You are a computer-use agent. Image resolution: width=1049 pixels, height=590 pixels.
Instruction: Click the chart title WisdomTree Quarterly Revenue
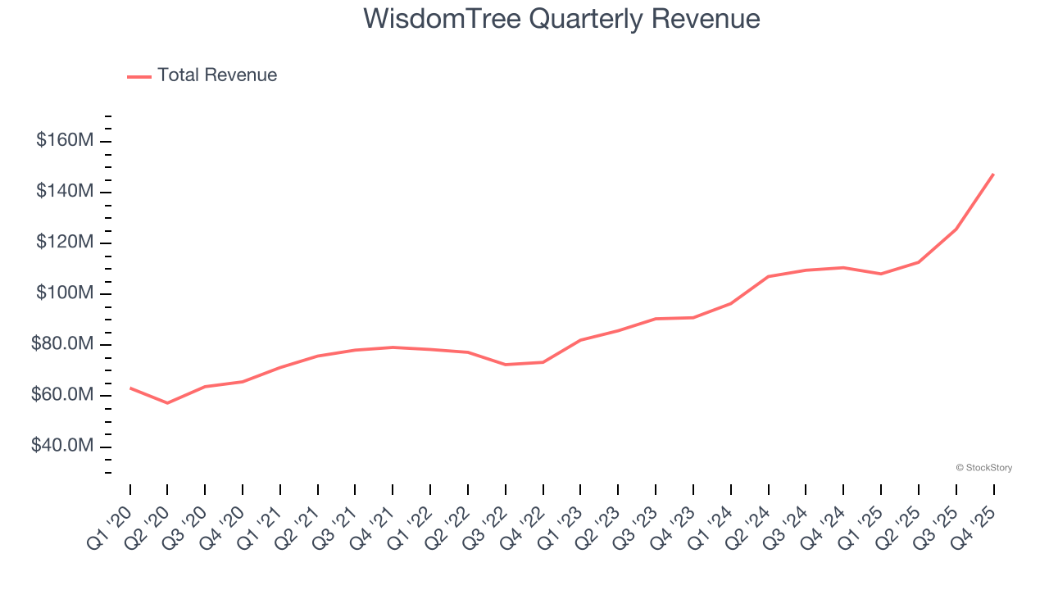pos(561,18)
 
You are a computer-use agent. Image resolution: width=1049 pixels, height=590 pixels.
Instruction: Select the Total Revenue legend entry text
pos(217,75)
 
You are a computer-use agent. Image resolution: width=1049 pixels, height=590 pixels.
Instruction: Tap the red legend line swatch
pos(139,76)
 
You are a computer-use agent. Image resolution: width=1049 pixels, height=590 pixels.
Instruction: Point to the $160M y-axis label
pos(65,140)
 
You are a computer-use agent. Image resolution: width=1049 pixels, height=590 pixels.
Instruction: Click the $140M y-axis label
pos(65,191)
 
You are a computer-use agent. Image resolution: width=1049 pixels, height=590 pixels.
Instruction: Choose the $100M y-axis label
pos(65,293)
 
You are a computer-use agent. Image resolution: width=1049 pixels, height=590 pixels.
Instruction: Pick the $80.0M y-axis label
pos(63,344)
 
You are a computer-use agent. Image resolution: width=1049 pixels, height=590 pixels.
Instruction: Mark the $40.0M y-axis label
pos(63,446)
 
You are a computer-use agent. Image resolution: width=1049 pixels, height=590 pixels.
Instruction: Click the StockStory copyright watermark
pos(984,468)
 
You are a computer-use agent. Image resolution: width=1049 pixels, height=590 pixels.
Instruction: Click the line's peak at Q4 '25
pos(993,174)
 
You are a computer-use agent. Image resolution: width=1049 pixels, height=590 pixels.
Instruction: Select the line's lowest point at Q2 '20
pos(167,403)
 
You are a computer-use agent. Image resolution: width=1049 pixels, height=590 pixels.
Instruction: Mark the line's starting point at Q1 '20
pos(130,388)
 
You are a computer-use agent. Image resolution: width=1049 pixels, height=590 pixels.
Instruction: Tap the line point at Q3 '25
pos(956,229)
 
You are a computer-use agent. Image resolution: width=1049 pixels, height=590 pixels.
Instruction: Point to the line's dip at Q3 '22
pos(506,365)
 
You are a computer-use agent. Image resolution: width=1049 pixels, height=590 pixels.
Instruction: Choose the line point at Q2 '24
pos(768,276)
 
